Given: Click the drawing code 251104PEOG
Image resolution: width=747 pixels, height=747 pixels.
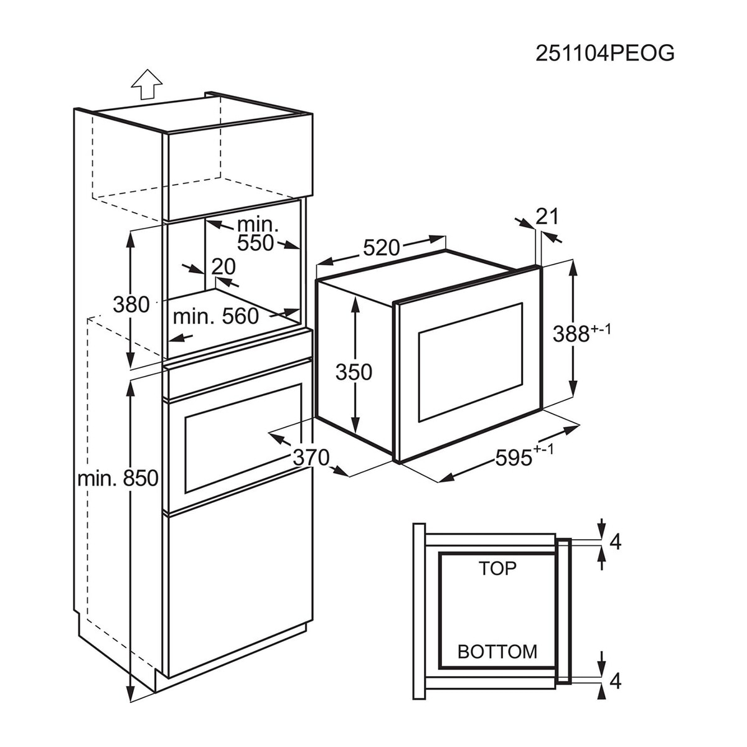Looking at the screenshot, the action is [x=604, y=53].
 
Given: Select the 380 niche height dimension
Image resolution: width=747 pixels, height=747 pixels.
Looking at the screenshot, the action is [x=131, y=304].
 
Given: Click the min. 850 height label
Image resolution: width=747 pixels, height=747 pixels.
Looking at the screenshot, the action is [x=118, y=478].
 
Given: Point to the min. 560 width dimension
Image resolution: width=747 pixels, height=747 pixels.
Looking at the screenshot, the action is [x=215, y=316].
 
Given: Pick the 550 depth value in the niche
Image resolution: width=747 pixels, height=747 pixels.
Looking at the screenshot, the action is [x=255, y=243].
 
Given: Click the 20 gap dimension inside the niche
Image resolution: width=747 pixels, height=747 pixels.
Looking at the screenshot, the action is [x=223, y=266].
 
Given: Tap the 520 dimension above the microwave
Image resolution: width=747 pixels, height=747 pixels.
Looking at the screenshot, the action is [x=381, y=248].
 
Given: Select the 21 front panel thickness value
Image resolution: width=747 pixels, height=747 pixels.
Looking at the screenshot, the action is [x=547, y=216].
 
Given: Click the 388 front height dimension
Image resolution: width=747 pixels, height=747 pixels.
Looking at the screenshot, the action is [x=581, y=333].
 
